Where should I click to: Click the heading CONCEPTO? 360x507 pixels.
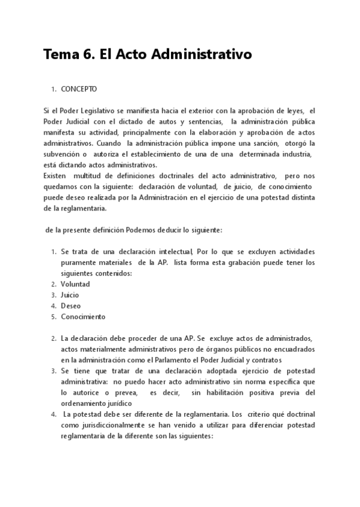[x=79, y=89]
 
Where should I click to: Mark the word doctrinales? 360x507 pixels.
[x=171, y=175]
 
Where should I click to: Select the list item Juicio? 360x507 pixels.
[x=69, y=295]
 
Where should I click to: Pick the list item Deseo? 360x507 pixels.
[x=71, y=306]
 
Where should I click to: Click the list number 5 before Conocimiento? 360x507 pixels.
[x=54, y=316]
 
